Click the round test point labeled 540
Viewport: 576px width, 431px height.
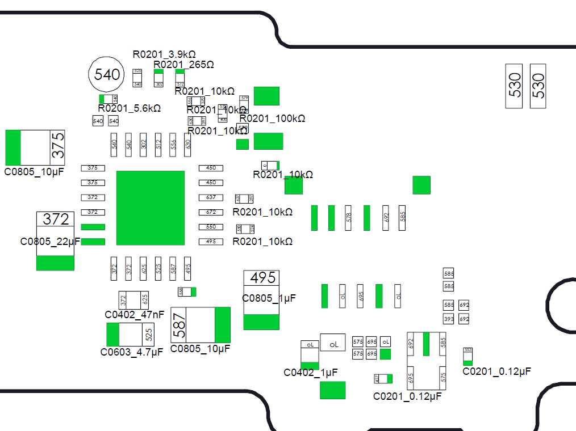point(107,74)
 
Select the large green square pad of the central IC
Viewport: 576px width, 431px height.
point(151,208)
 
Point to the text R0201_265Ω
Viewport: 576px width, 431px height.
point(183,65)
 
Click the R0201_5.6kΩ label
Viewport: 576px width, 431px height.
point(129,108)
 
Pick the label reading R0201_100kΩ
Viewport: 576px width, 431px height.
point(272,119)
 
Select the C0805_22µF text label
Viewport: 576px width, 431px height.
point(51,241)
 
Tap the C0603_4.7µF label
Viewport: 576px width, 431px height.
point(131,352)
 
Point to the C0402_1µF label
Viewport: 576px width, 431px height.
point(310,373)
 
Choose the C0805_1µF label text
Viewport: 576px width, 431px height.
point(269,298)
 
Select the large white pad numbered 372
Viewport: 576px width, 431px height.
point(56,219)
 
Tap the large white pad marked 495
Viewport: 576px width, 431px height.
point(262,277)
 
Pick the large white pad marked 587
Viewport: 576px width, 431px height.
point(179,325)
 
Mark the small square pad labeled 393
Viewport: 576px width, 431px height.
point(449,319)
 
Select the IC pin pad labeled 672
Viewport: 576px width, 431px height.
point(211,212)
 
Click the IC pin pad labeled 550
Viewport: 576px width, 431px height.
point(211,227)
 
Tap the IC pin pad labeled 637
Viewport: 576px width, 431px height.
point(211,197)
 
